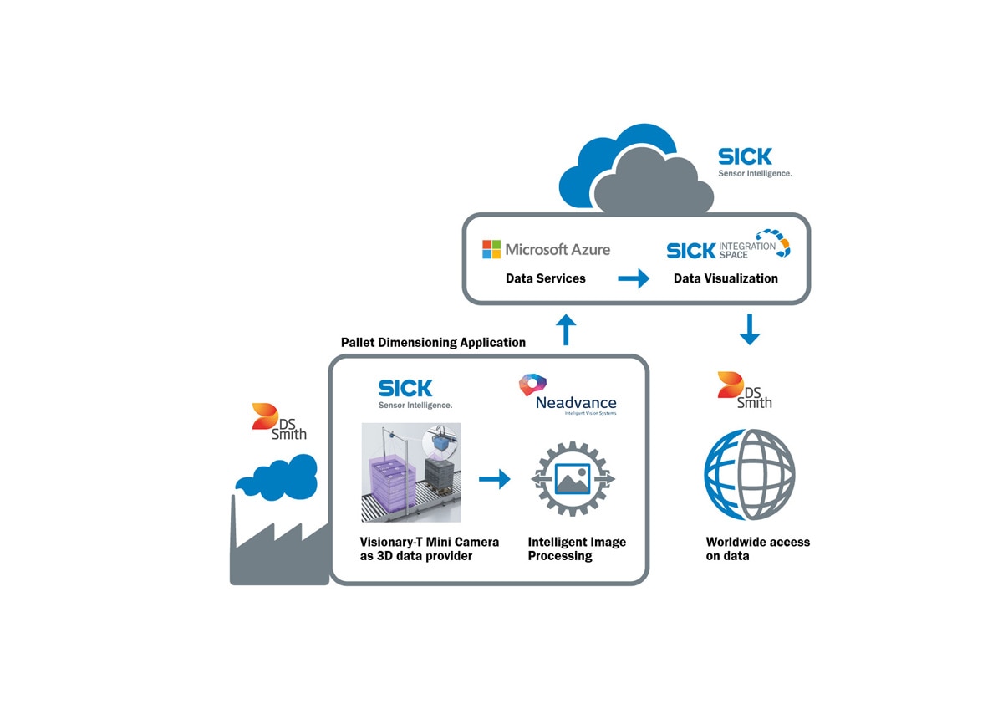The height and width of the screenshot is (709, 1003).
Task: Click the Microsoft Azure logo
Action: (x=547, y=249)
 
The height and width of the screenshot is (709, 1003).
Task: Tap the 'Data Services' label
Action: (x=546, y=278)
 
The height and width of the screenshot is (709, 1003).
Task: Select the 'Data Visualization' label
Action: (x=726, y=278)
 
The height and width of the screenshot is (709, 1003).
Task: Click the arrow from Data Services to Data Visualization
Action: (x=634, y=278)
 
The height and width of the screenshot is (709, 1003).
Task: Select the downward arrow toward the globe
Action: (x=750, y=329)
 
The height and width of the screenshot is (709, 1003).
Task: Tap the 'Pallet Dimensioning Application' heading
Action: (x=433, y=343)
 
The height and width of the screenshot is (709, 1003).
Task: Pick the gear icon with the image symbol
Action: (x=573, y=479)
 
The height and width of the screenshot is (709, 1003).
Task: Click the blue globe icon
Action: (x=750, y=474)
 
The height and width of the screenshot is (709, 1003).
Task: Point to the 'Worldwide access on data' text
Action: (x=757, y=548)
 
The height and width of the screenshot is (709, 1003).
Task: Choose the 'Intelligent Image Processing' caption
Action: (x=577, y=548)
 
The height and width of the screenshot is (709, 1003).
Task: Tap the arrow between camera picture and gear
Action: (x=494, y=479)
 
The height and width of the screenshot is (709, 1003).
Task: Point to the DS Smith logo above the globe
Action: (x=745, y=390)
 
